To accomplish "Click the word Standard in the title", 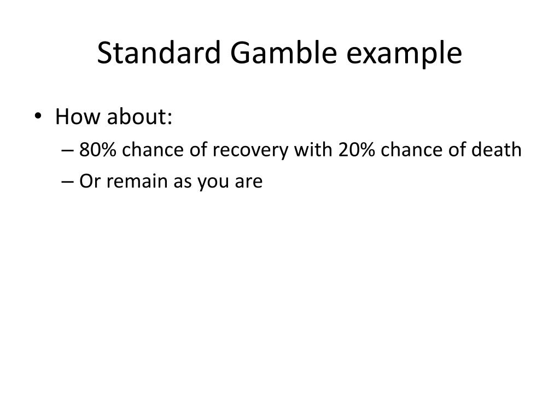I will coord(159,54).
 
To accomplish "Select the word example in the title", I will coord(404,54).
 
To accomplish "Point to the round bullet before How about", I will coord(44,102).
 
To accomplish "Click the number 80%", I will coord(98,149).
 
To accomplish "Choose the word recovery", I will coord(251,150).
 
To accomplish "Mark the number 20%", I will coord(357,149).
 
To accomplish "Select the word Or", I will coord(89,181).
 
